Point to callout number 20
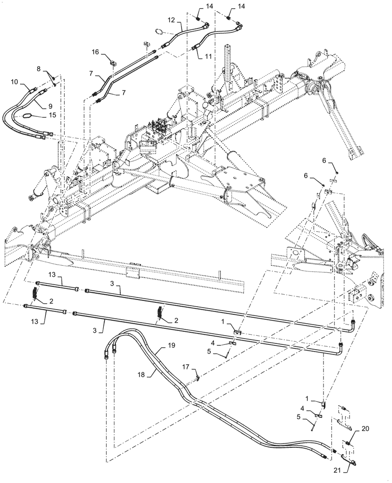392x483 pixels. [365, 428]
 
